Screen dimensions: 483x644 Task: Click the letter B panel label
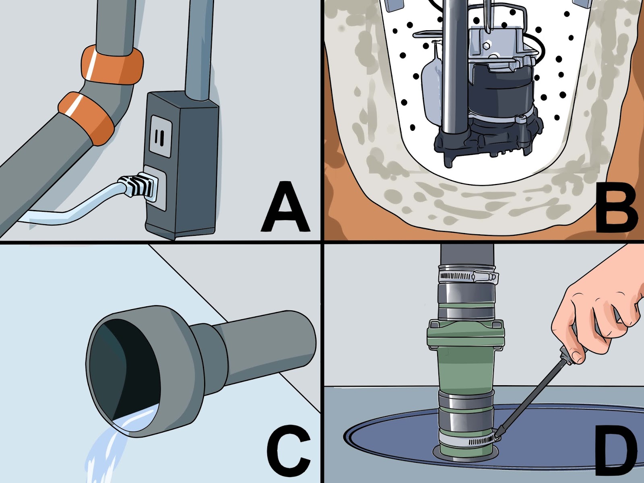click(616, 209)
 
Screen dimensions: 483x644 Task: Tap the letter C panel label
click(288, 453)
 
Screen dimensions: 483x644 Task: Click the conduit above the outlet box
click(199, 48)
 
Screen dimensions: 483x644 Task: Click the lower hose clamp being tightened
click(469, 441)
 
